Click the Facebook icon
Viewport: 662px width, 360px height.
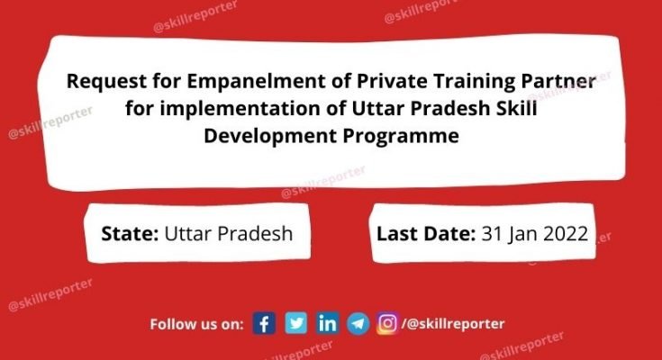point(264,324)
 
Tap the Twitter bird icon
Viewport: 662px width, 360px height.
point(295,324)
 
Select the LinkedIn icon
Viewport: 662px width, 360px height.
point(327,324)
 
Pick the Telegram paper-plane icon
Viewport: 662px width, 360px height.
point(358,324)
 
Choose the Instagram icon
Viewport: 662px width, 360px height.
point(387,324)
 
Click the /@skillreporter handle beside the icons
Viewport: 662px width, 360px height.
point(453,324)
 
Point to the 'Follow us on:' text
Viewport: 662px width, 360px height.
point(197,324)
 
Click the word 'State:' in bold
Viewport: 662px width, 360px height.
point(131,234)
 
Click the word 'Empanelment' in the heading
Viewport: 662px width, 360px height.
point(237,83)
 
